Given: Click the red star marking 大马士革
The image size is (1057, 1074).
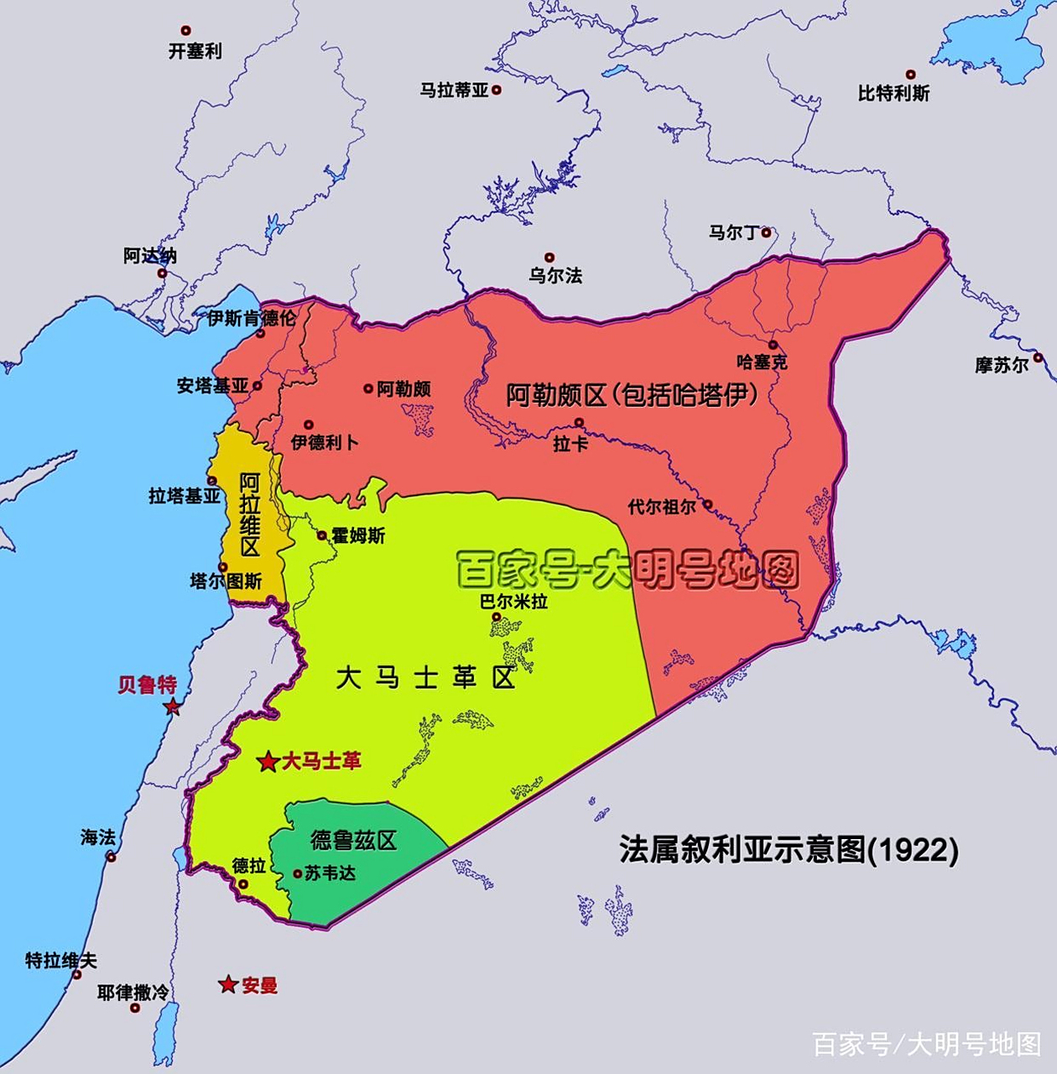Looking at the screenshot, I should [x=268, y=762].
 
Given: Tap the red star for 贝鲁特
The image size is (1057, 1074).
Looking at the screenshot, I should [x=172, y=706].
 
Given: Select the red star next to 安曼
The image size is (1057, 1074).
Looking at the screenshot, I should [x=227, y=984].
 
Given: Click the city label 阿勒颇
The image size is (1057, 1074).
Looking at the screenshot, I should [x=404, y=388].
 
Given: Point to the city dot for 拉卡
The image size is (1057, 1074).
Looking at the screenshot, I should [x=579, y=422].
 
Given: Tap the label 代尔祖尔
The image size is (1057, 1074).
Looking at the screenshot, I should [x=662, y=507].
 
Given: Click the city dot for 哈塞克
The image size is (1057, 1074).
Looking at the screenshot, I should [x=773, y=345].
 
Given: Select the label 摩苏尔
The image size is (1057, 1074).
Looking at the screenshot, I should [x=1001, y=365].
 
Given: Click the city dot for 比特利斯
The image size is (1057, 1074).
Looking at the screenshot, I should [x=911, y=75].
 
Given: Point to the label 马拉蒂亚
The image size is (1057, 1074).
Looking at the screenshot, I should [x=454, y=90].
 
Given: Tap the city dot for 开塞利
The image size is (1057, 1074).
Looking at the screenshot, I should [x=186, y=31].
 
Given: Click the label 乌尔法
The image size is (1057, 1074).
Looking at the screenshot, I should [x=555, y=275].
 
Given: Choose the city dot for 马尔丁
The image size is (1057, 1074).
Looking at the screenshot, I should [x=766, y=232].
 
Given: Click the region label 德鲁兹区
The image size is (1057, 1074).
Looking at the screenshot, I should [x=353, y=840].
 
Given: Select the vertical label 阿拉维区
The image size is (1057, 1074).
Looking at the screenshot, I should [x=249, y=514].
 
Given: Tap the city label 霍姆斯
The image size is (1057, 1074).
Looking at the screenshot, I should [x=358, y=535].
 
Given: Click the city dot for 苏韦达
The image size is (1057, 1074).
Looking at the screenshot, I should [x=298, y=873].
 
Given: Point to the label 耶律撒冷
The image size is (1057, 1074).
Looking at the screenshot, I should [x=133, y=993].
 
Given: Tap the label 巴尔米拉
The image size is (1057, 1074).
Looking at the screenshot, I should [x=513, y=601].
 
